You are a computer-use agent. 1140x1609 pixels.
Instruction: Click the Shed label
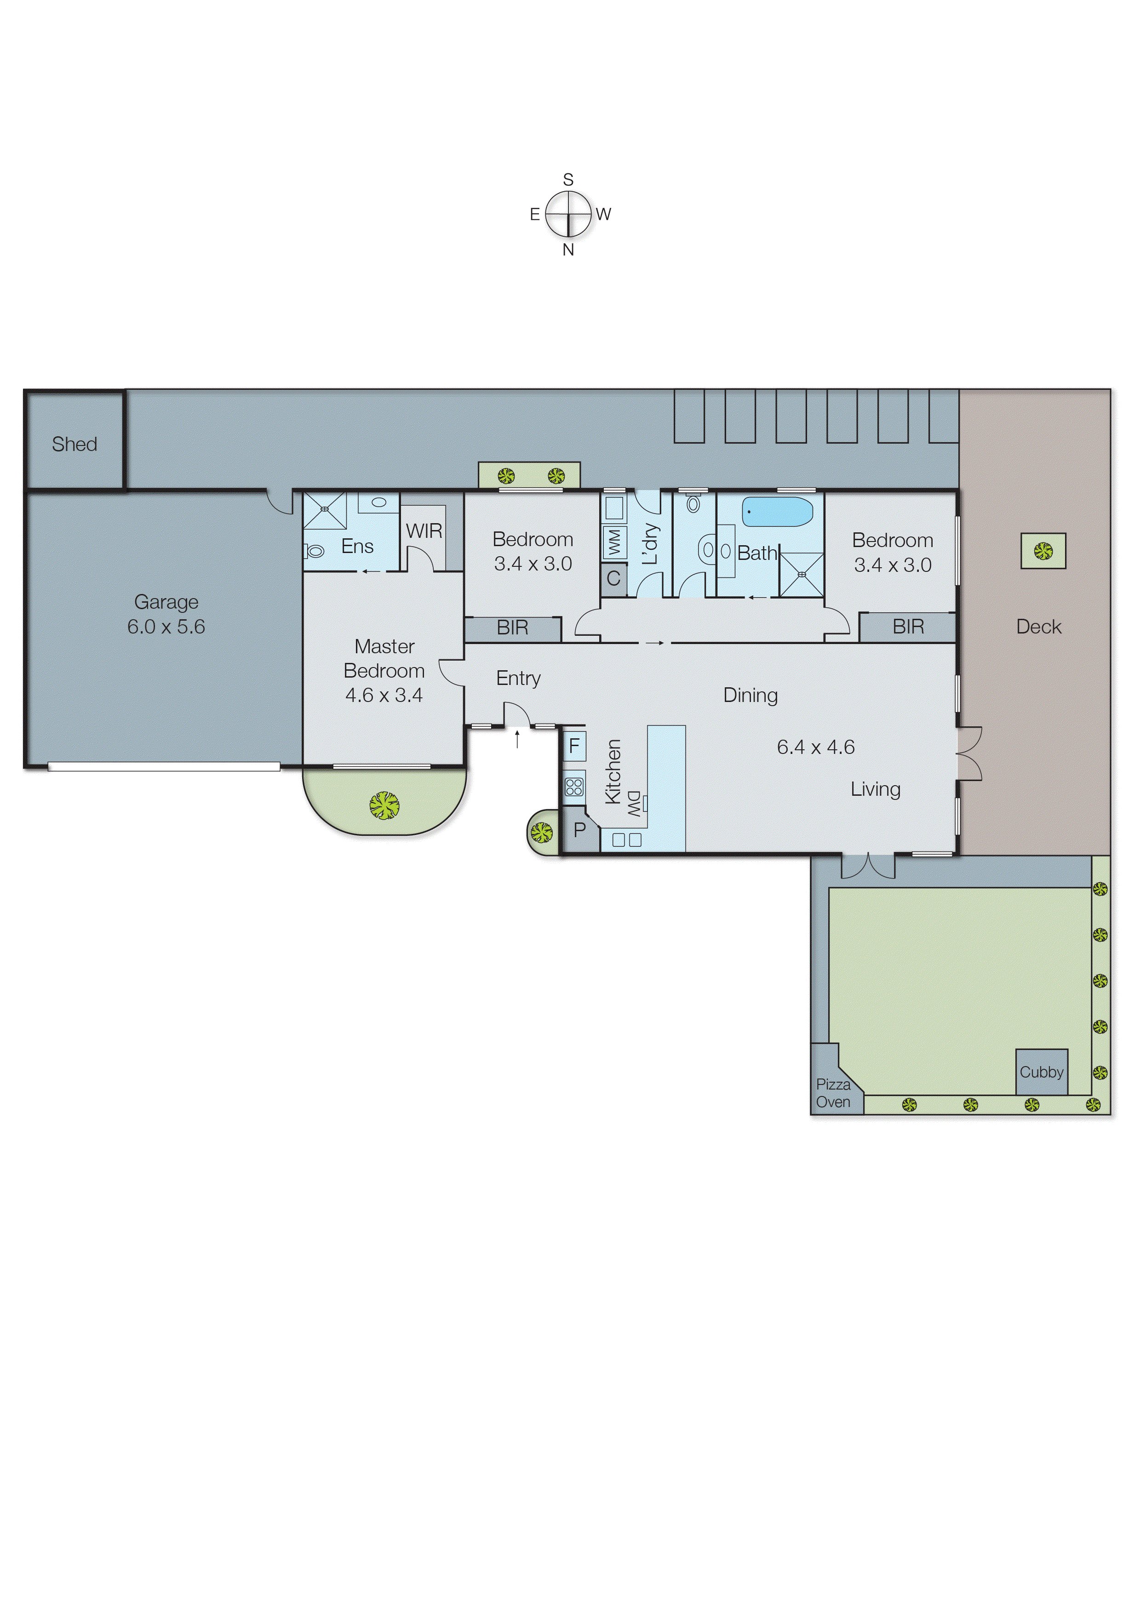click(74, 444)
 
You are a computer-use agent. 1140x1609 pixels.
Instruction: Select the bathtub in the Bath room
click(777, 512)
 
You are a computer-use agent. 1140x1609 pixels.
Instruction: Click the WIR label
click(424, 531)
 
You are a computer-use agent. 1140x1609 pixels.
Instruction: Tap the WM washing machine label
click(615, 541)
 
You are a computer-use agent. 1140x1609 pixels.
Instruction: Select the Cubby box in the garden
click(1042, 1072)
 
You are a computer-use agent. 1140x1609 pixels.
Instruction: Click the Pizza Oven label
click(833, 1093)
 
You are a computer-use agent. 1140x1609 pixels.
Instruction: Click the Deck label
click(1039, 627)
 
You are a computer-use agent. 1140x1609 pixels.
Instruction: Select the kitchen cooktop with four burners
click(573, 786)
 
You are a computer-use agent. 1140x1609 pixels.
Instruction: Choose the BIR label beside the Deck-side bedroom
click(908, 627)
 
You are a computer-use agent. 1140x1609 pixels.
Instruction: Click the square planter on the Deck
click(1043, 551)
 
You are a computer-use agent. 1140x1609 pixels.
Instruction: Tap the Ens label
click(357, 546)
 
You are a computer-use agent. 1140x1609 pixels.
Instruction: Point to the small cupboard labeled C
click(613, 578)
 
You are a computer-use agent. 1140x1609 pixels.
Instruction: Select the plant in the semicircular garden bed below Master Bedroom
click(385, 805)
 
